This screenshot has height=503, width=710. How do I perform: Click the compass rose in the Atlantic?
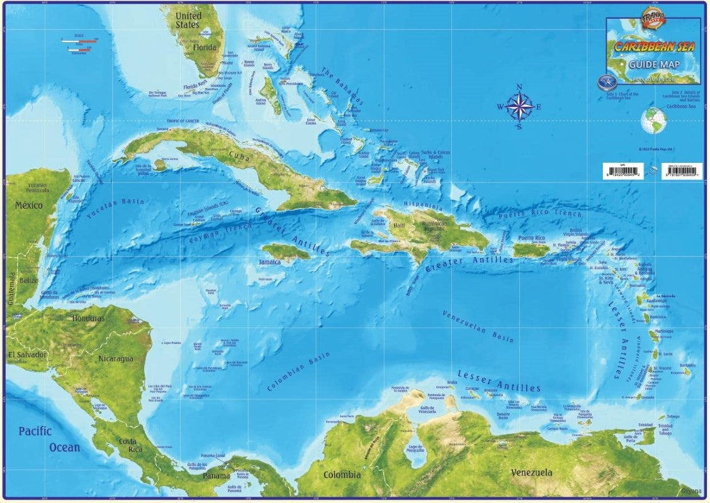(x=519, y=107)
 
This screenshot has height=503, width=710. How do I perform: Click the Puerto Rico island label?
(x=531, y=238)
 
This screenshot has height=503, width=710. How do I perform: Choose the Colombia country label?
(x=342, y=475)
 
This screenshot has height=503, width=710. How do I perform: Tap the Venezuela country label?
(x=531, y=472)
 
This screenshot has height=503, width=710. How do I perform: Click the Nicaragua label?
(x=116, y=358)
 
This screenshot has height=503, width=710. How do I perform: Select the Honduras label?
(x=88, y=318)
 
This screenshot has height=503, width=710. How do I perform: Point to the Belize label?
(x=28, y=280)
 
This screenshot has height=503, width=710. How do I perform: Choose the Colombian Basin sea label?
(x=298, y=372)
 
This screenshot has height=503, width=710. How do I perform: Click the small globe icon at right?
(x=653, y=120)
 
